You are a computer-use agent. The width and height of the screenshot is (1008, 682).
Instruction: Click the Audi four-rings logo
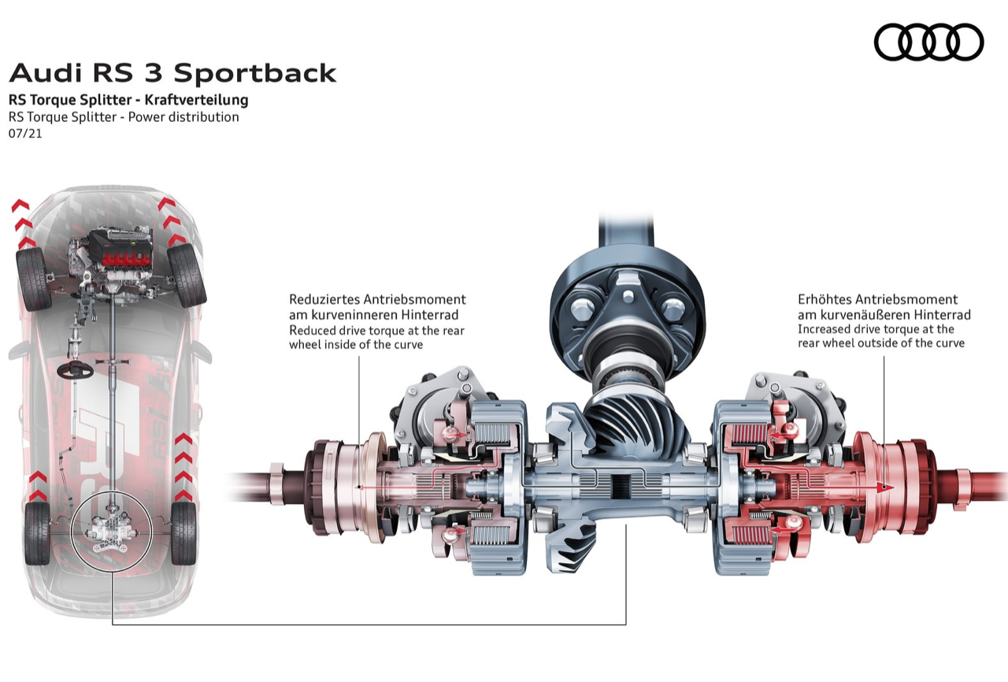[929, 42]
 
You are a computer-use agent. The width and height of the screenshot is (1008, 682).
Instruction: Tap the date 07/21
[25, 134]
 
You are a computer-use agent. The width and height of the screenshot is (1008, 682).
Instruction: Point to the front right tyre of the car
[187, 275]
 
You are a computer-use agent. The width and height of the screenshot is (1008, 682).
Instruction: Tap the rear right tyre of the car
[183, 532]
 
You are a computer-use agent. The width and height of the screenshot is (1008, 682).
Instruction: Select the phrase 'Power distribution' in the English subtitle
[186, 117]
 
